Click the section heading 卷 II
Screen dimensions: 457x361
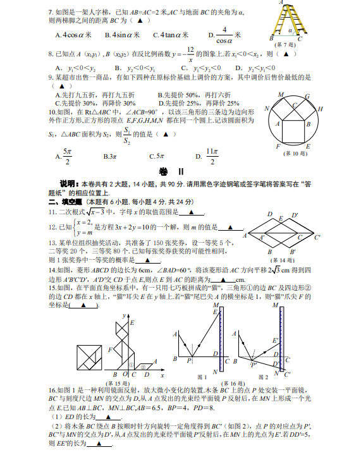coord(167,172)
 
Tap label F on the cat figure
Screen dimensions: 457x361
coord(111,348)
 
